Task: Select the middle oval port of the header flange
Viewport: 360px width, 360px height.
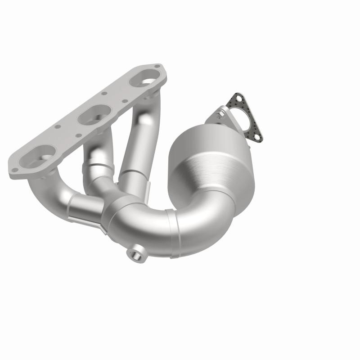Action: coord(94,116)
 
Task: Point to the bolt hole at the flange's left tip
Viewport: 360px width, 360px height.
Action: coord(15,170)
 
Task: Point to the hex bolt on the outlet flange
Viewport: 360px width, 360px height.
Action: coord(219,116)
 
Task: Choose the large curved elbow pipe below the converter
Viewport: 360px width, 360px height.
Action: coord(202,220)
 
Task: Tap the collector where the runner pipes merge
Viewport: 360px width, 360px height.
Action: coord(119,211)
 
